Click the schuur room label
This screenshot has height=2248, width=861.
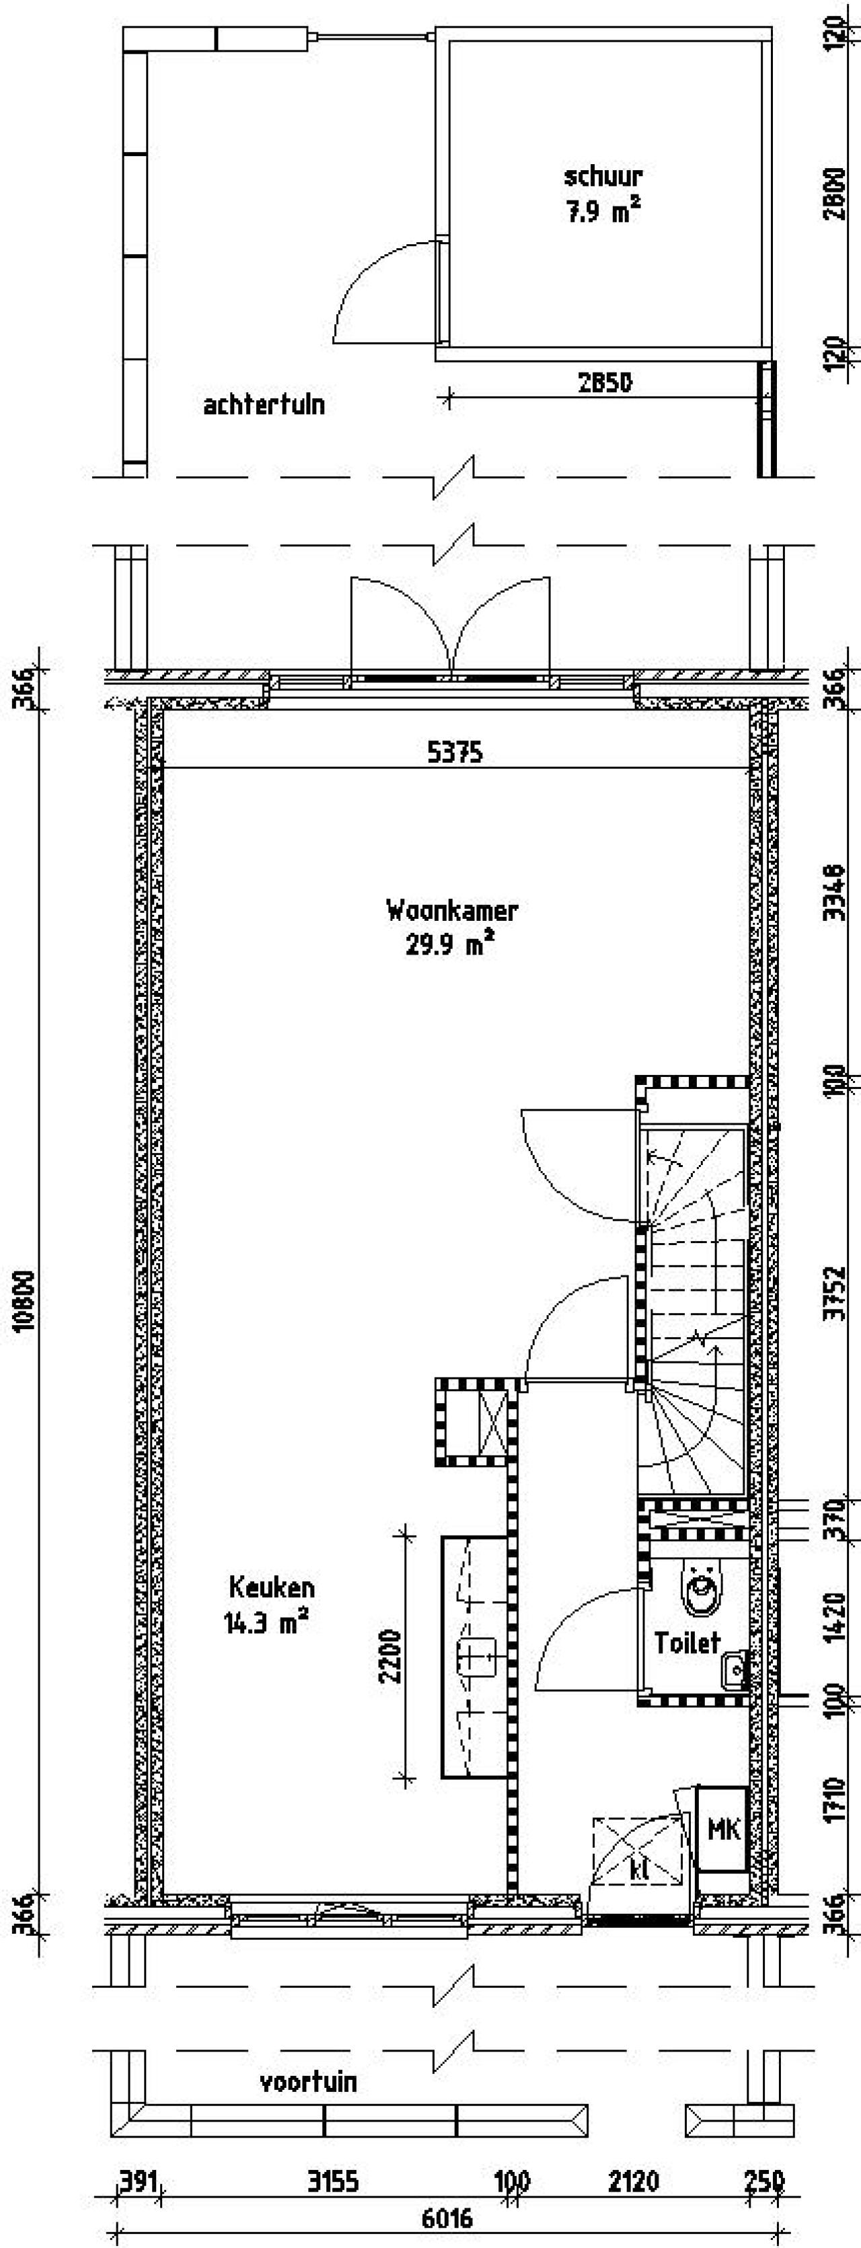(603, 176)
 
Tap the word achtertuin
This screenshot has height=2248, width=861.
(264, 405)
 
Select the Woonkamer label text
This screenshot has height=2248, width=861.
(452, 911)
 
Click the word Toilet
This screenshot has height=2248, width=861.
(687, 1643)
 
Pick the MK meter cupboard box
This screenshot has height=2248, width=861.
(723, 1828)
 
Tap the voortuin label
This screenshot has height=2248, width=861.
(308, 2083)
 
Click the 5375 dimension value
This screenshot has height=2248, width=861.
(455, 752)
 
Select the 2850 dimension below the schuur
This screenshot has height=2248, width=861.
(605, 382)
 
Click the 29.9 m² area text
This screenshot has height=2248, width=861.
(450, 944)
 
